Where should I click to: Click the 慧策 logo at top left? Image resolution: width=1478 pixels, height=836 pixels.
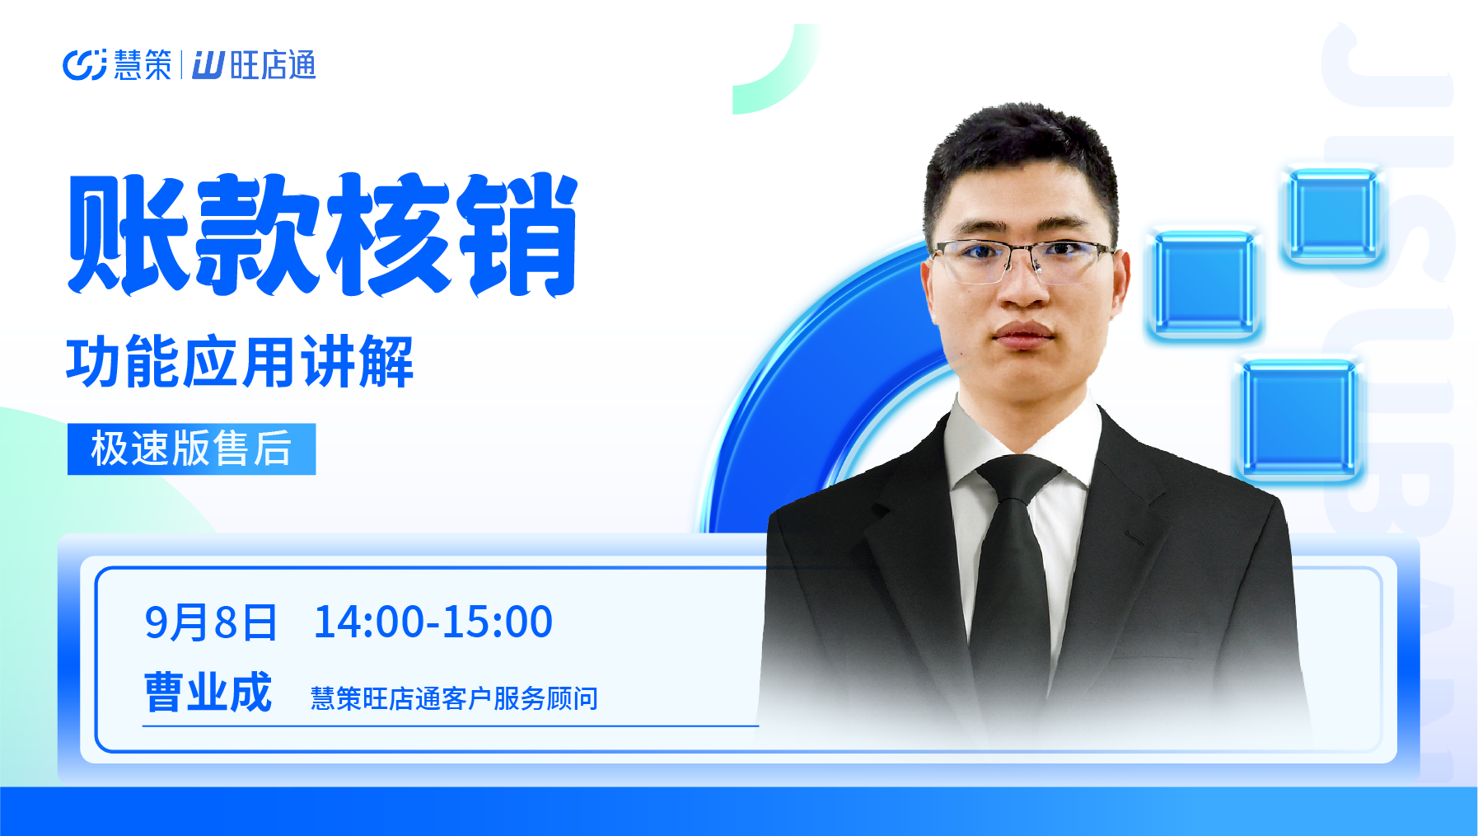tap(117, 65)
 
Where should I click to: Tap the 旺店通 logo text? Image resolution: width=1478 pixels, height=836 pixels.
tap(255, 65)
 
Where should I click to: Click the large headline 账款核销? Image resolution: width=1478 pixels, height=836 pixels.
tap(323, 235)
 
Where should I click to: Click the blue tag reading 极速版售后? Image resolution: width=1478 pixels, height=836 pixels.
tap(191, 449)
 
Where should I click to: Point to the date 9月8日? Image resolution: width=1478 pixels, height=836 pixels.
tap(211, 622)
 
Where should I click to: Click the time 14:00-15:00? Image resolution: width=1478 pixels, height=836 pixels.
tap(433, 622)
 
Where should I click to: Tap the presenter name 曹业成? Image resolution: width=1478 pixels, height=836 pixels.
tap(208, 692)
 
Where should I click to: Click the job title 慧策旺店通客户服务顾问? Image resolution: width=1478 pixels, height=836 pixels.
tap(454, 698)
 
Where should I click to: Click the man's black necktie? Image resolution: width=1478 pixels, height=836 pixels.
tap(1013, 577)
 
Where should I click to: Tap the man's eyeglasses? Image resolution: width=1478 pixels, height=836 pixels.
tap(1022, 258)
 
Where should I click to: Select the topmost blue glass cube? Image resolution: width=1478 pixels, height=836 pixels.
tap(1332, 215)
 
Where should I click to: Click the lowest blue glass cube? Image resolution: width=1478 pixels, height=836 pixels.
tap(1298, 420)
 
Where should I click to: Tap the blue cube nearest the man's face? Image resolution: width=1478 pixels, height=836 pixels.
tap(1204, 284)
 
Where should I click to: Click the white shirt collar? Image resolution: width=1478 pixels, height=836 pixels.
tap(1022, 445)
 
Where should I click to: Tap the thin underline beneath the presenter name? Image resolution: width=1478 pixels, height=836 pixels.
tap(451, 726)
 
